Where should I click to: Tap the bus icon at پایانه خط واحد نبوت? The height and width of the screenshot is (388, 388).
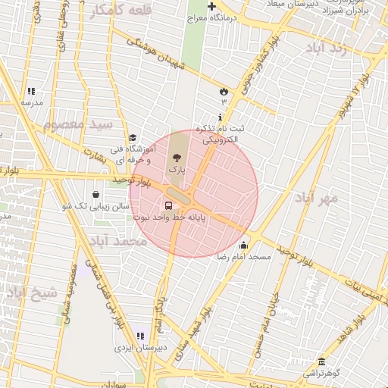167,205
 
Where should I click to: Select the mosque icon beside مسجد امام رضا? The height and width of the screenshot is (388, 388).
243,245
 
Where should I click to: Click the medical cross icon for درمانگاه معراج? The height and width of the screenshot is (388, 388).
211,7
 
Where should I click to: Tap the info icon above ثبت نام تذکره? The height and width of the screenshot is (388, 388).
220,117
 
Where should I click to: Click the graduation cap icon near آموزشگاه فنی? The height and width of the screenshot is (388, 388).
133,138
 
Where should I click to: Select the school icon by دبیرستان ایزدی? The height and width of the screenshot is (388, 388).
139,335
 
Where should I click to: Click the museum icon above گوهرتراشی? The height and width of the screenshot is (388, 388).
322,361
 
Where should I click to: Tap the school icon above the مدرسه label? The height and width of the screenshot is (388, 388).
30,91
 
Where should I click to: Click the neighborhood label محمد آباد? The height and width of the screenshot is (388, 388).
117,241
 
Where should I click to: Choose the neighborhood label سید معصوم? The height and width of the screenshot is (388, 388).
78,124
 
